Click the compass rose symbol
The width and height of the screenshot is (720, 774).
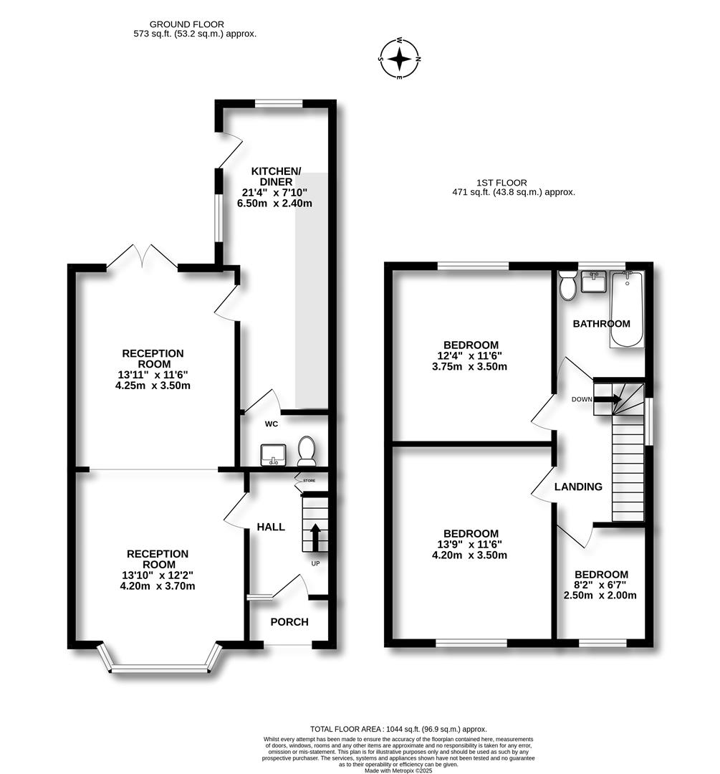(x=400, y=59)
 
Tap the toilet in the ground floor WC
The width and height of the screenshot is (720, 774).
(x=307, y=449)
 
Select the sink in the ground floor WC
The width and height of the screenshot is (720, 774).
(x=274, y=454)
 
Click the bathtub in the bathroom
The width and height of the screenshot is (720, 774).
(x=627, y=309)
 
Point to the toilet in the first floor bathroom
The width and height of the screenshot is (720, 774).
(x=569, y=286)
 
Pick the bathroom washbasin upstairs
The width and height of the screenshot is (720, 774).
(x=594, y=282)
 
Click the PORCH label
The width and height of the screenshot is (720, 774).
(x=289, y=621)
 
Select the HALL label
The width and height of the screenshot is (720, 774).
(x=271, y=527)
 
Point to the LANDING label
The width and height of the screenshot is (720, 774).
(x=578, y=487)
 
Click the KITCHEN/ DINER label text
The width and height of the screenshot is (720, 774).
(x=276, y=176)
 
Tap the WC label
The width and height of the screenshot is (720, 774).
(x=272, y=424)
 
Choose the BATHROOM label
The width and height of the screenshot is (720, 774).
(x=602, y=323)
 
